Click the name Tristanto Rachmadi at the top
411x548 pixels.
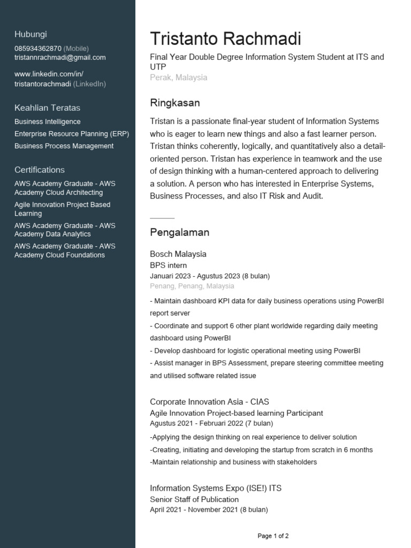[x=225, y=39]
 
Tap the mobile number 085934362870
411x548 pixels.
[x=37, y=48]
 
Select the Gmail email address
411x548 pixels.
[x=60, y=57]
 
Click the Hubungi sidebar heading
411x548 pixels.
[x=31, y=34]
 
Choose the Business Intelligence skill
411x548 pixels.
[x=48, y=121]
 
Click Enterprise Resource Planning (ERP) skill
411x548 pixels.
[x=72, y=134]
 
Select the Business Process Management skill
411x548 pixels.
[x=64, y=146]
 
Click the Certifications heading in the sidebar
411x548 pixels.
[x=40, y=170]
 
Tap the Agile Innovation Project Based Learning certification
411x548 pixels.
[x=62, y=209]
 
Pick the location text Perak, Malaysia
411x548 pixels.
[x=178, y=77]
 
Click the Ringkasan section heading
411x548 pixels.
[x=174, y=102]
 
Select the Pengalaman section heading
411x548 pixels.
[x=179, y=232]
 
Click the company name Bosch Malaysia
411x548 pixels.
[x=178, y=254]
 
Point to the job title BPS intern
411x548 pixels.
[x=168, y=265]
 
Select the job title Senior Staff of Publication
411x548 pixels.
[x=194, y=499]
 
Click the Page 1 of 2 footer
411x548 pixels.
[x=273, y=536]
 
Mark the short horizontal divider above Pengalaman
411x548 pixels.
[x=162, y=218]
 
